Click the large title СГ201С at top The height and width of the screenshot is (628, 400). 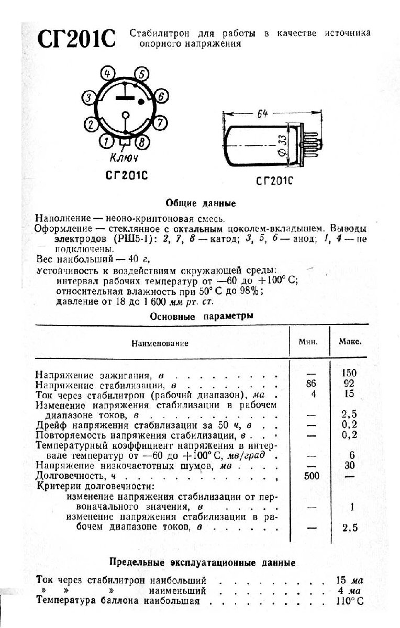[76, 40]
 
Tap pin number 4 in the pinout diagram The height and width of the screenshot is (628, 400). [107, 74]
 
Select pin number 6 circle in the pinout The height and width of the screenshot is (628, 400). [161, 96]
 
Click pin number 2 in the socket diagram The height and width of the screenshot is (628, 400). [91, 125]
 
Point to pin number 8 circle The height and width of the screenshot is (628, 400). [141, 141]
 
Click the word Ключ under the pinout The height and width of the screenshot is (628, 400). [124, 158]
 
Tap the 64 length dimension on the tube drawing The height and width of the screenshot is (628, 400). [262, 114]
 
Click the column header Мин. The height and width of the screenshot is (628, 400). [309, 342]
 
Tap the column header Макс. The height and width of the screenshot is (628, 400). [349, 342]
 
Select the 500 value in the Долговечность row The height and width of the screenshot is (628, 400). [313, 476]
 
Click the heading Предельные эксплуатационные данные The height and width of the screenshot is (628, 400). [202, 563]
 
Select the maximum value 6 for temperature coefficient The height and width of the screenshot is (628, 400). [352, 455]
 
